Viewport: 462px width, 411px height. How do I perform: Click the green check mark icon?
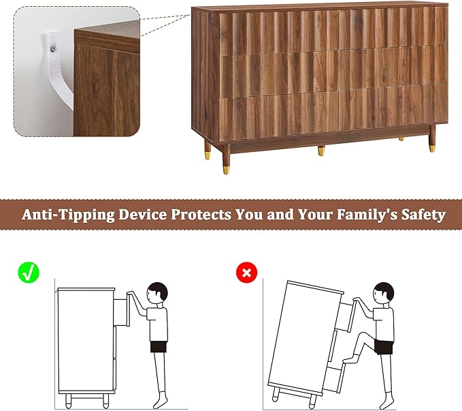pyautogui.click(x=29, y=273)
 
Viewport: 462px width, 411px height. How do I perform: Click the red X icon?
pyautogui.click(x=246, y=272)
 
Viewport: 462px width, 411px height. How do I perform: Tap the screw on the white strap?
pyautogui.click(x=53, y=48)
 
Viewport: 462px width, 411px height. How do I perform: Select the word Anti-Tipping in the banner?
pyautogui.click(x=68, y=215)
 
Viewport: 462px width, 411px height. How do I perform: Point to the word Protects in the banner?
pyautogui.click(x=201, y=214)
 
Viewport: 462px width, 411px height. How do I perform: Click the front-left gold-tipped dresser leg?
pyautogui.click(x=226, y=159)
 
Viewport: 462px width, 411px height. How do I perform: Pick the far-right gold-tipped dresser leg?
pyautogui.click(x=432, y=138)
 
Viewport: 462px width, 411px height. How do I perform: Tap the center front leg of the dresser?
pyautogui.click(x=321, y=151)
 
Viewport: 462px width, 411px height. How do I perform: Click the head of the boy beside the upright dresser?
pyautogui.click(x=157, y=292)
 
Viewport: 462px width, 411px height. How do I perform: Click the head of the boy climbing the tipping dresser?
pyautogui.click(x=384, y=292)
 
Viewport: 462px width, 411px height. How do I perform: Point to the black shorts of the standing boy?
pyautogui.click(x=159, y=347)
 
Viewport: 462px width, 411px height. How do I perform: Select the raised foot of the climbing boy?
pyautogui.click(x=350, y=359)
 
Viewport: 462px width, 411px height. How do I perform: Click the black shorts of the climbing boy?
pyautogui.click(x=384, y=347)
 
